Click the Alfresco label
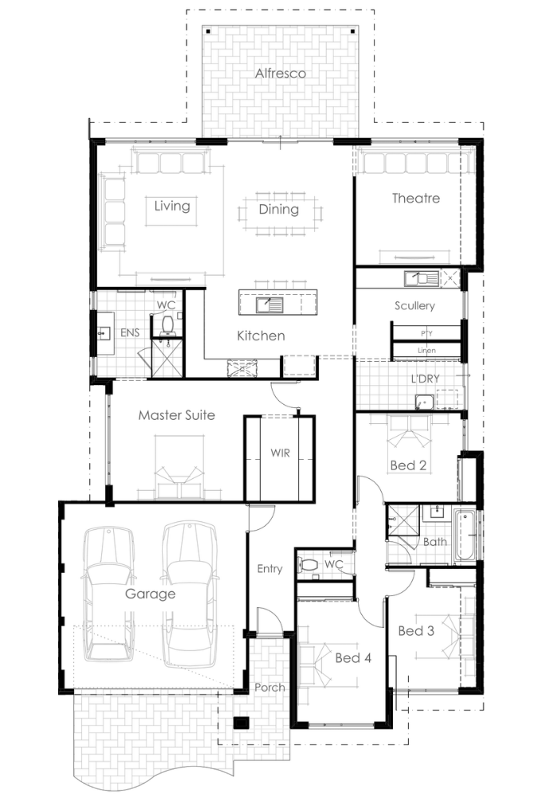click(281, 73)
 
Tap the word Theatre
click(415, 198)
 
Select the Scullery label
click(415, 305)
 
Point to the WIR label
click(280, 453)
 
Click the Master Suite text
click(176, 415)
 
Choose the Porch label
click(269, 688)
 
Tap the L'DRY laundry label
click(426, 379)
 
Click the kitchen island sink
click(269, 305)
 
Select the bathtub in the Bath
click(465, 536)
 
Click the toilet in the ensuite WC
click(167, 324)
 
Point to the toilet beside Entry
click(308, 564)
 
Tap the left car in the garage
click(109, 594)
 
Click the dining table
click(279, 214)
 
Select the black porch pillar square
click(240, 723)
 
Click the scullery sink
click(421, 278)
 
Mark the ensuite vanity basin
click(104, 333)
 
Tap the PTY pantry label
click(426, 333)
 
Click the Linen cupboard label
click(426, 350)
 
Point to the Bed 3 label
click(416, 630)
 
